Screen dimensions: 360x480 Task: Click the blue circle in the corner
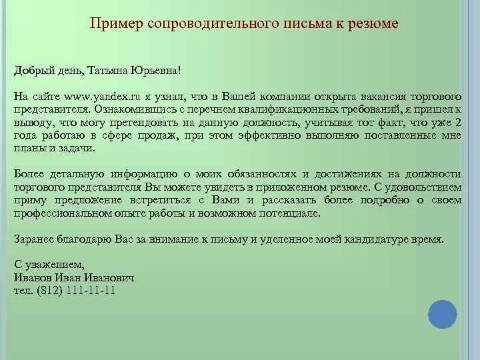[441, 314]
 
